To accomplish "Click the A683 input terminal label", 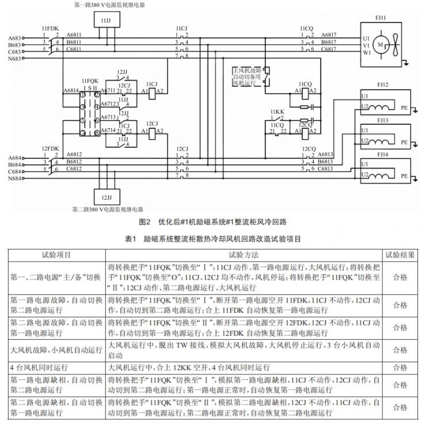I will [16, 38].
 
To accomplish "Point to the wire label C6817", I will [329, 49].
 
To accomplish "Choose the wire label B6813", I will [326, 162].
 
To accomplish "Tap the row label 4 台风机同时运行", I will [39, 366].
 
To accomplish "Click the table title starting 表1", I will [213, 238].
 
